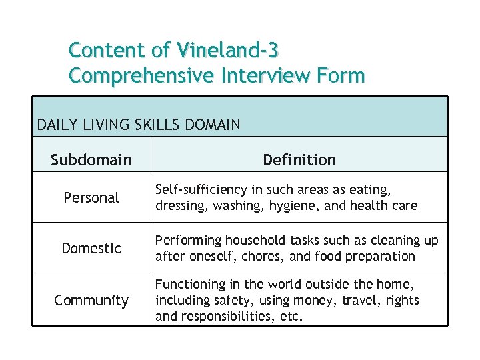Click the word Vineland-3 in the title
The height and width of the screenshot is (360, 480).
pos(228,50)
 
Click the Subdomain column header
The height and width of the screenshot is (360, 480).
pos(91,160)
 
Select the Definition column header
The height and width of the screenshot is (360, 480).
pos(299,160)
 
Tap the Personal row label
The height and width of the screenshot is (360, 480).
pos(91,198)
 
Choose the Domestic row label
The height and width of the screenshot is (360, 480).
pos(91,249)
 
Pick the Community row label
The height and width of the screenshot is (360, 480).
pos(91,301)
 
